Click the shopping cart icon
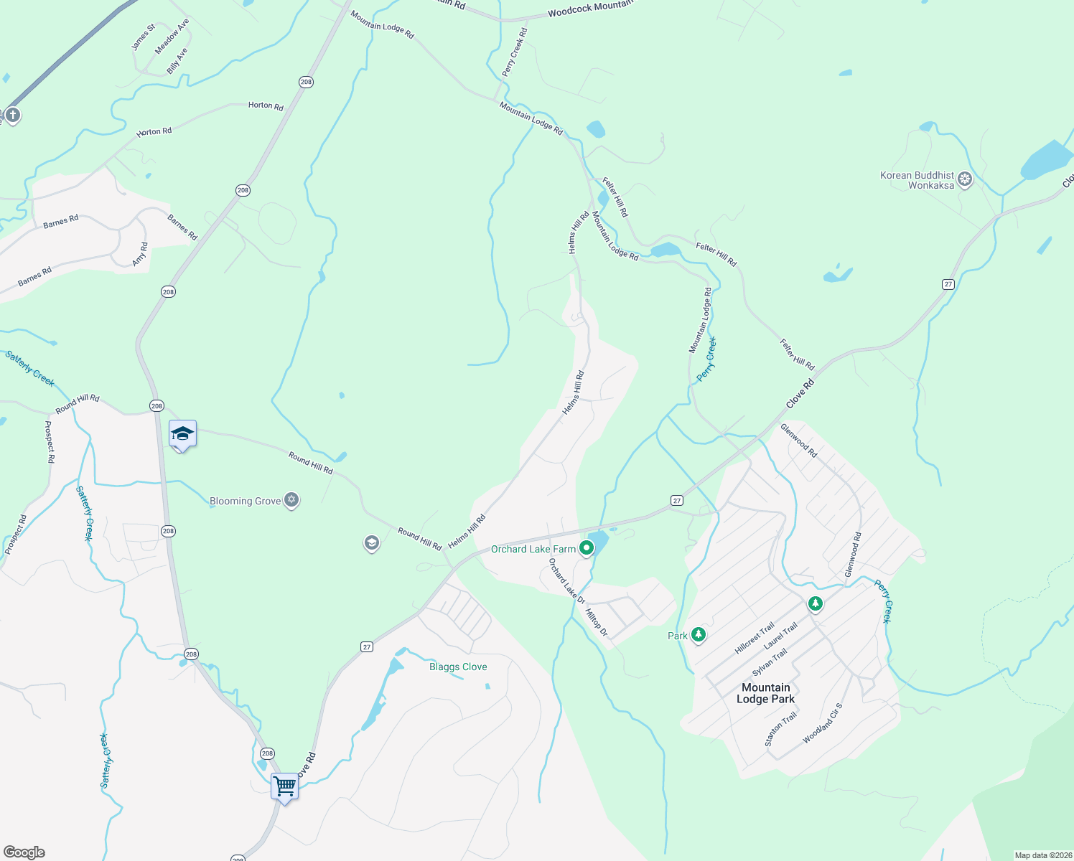point(284,786)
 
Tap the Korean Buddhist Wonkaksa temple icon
point(965,179)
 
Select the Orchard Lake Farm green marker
point(587,549)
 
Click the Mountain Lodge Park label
point(766,693)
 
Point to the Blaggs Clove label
point(458,667)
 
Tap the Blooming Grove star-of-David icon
point(291,500)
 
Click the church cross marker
point(12,115)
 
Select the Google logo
point(24,852)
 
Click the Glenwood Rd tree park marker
point(815,603)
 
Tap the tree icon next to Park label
point(699,635)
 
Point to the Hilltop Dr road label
point(597,622)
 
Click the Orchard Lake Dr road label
point(566,580)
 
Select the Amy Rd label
point(140,254)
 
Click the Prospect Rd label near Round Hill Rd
point(49,441)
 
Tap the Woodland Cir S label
point(823,723)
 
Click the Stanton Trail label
point(780,729)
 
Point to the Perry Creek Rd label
point(515,52)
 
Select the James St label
point(142,37)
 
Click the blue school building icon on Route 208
point(182,433)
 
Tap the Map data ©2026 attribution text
point(1042,855)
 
